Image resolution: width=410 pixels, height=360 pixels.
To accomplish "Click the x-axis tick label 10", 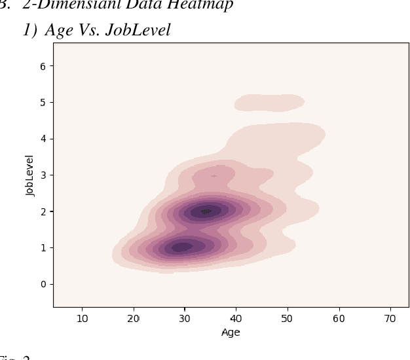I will (83, 318).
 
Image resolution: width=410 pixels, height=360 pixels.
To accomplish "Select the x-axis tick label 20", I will (134, 318).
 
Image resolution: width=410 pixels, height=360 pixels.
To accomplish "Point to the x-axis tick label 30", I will (185, 318).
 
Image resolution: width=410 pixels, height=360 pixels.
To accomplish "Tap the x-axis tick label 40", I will (236, 318).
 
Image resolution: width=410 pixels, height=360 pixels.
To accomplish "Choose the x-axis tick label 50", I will (287, 318).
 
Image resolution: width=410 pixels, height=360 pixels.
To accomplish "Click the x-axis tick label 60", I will (339, 318).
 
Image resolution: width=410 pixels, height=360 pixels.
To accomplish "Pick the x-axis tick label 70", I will (390, 318).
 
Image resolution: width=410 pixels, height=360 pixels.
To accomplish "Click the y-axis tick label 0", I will (43, 284).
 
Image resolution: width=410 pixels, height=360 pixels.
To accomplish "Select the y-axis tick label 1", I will (43, 248).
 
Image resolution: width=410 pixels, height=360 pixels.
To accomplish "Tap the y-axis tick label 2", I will (43, 211).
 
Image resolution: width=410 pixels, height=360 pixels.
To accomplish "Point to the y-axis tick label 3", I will (43, 175).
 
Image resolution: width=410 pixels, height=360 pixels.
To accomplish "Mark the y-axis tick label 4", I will (43, 139).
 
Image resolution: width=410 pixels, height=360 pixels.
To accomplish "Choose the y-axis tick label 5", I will (43, 103).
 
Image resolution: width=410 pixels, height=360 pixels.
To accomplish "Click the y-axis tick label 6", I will (43, 66).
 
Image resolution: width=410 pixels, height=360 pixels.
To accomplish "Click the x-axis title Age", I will (231, 333).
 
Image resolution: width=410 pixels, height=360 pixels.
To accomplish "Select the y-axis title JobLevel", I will (29, 175).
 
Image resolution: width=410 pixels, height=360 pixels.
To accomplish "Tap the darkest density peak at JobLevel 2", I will (206, 211).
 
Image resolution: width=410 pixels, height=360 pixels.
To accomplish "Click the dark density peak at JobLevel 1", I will (181, 247).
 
